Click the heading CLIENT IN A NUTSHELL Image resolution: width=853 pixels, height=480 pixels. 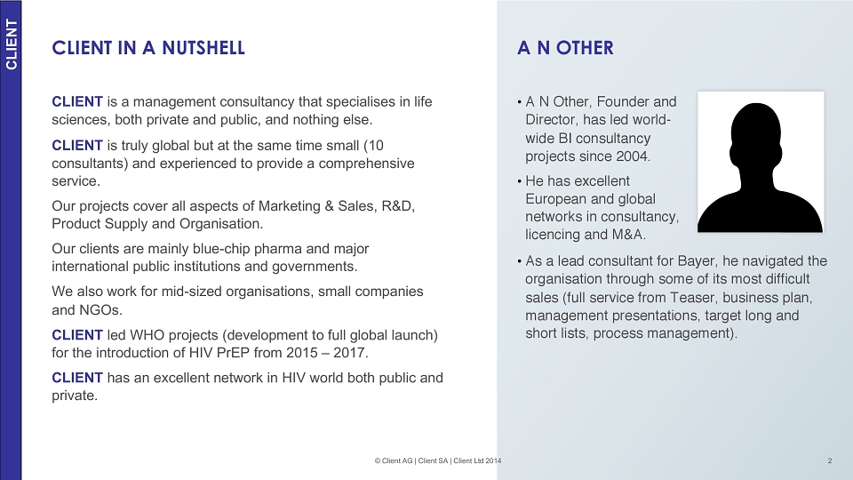[148, 48]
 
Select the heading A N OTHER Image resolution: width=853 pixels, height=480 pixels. [565, 48]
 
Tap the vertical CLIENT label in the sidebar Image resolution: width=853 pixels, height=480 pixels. [12, 44]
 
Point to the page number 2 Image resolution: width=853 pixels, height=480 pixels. [830, 460]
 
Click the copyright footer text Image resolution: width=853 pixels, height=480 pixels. [438, 460]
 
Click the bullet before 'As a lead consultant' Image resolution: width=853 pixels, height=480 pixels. [520, 261]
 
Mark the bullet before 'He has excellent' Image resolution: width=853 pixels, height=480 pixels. [520, 181]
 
